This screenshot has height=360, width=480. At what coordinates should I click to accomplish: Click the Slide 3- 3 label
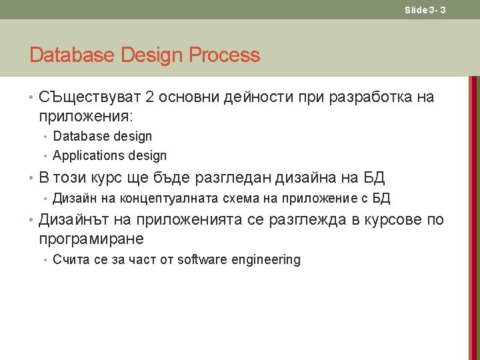(x=425, y=10)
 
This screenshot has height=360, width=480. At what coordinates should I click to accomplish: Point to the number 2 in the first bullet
(x=149, y=97)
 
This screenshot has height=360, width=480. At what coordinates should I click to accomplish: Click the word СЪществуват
(x=89, y=97)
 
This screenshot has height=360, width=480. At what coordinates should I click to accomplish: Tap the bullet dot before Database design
(x=45, y=137)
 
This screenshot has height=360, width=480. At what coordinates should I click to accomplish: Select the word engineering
(x=265, y=260)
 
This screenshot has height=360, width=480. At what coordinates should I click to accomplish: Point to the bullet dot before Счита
(x=45, y=260)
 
